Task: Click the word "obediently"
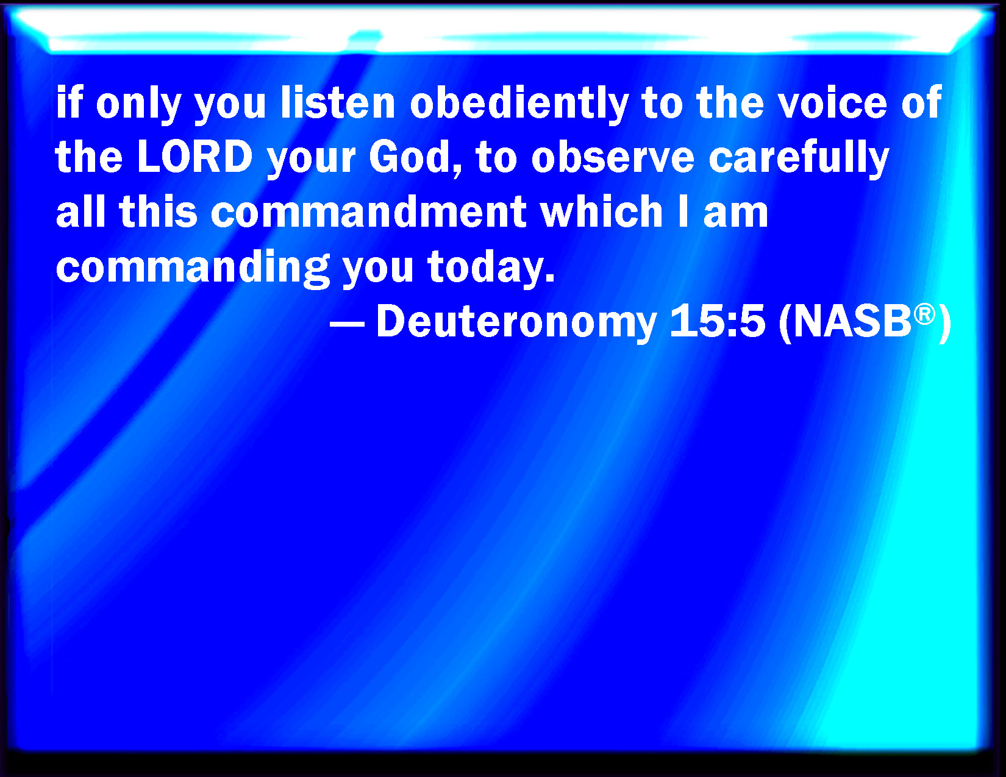coord(519,105)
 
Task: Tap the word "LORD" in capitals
coord(195,157)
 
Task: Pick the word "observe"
coord(613,157)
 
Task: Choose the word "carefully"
coord(799,158)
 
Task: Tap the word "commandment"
coord(369,212)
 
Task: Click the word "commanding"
coord(193,268)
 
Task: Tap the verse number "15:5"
coord(717,321)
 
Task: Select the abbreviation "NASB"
coord(852,322)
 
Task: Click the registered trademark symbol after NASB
coord(924,314)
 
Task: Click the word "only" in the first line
coord(138,105)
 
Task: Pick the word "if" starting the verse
coord(69,102)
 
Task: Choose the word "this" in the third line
coord(159,212)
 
